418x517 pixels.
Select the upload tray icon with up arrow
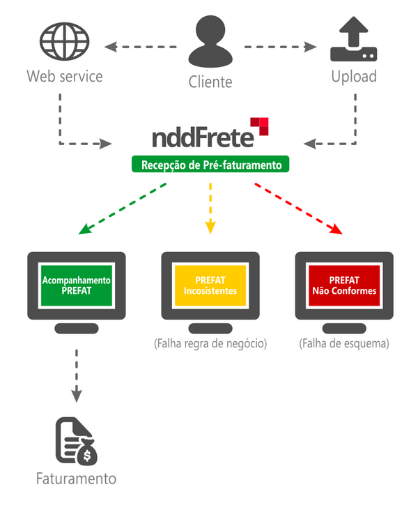[x=353, y=43]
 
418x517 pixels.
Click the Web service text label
[x=64, y=76]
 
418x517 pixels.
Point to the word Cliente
[x=210, y=82]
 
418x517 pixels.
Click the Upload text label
[x=353, y=76]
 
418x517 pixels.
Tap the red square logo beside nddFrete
[x=263, y=125]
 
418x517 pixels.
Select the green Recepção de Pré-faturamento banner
[x=210, y=165]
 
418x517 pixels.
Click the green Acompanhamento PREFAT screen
[x=76, y=285]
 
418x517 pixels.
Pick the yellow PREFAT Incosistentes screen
[x=210, y=285]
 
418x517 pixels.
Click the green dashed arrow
[x=123, y=208]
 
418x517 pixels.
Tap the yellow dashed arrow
[x=210, y=207]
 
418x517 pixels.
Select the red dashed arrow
[x=299, y=208]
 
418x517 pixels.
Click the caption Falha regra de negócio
[x=210, y=343]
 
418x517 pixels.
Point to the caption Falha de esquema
[x=343, y=343]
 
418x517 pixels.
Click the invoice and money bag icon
[x=77, y=441]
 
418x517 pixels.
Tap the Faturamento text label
[x=76, y=479]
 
